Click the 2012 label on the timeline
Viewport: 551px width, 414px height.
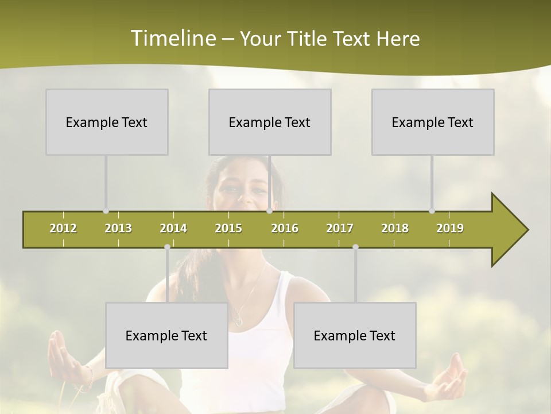(63, 228)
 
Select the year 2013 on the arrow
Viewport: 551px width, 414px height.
(118, 228)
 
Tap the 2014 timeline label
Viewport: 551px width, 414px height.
(173, 228)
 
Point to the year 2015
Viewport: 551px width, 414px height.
(228, 228)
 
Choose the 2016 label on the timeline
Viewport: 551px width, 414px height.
(285, 228)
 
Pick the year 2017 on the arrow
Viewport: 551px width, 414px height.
(340, 228)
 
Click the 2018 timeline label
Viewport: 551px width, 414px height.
(395, 228)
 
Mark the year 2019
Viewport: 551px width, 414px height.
(450, 228)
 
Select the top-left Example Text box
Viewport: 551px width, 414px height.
(107, 122)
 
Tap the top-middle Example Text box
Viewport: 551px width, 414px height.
(270, 122)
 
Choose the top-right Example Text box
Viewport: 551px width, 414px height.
(433, 122)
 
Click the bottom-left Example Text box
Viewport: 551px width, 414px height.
(166, 335)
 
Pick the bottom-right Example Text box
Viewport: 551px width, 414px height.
(355, 335)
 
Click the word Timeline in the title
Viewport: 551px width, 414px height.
(172, 39)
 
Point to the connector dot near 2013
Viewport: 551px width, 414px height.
(106, 211)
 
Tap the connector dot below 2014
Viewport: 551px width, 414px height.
(167, 247)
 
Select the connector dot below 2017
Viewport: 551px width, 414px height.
(355, 247)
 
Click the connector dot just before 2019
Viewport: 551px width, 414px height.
(432, 211)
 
